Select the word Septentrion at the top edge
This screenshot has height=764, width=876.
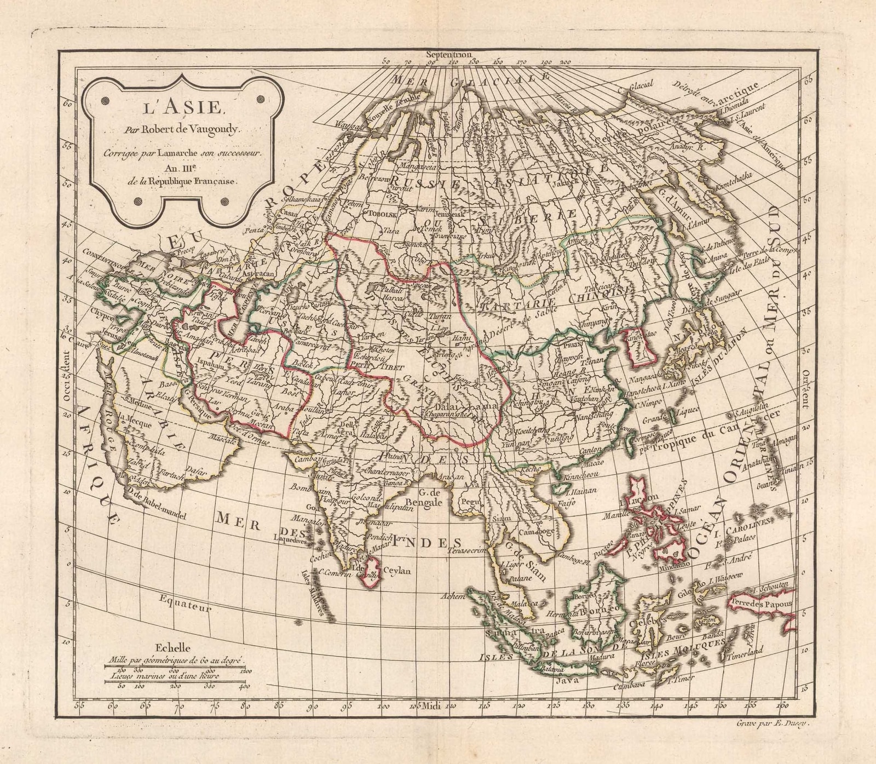[448, 54]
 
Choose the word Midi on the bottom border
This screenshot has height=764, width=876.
[433, 707]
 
